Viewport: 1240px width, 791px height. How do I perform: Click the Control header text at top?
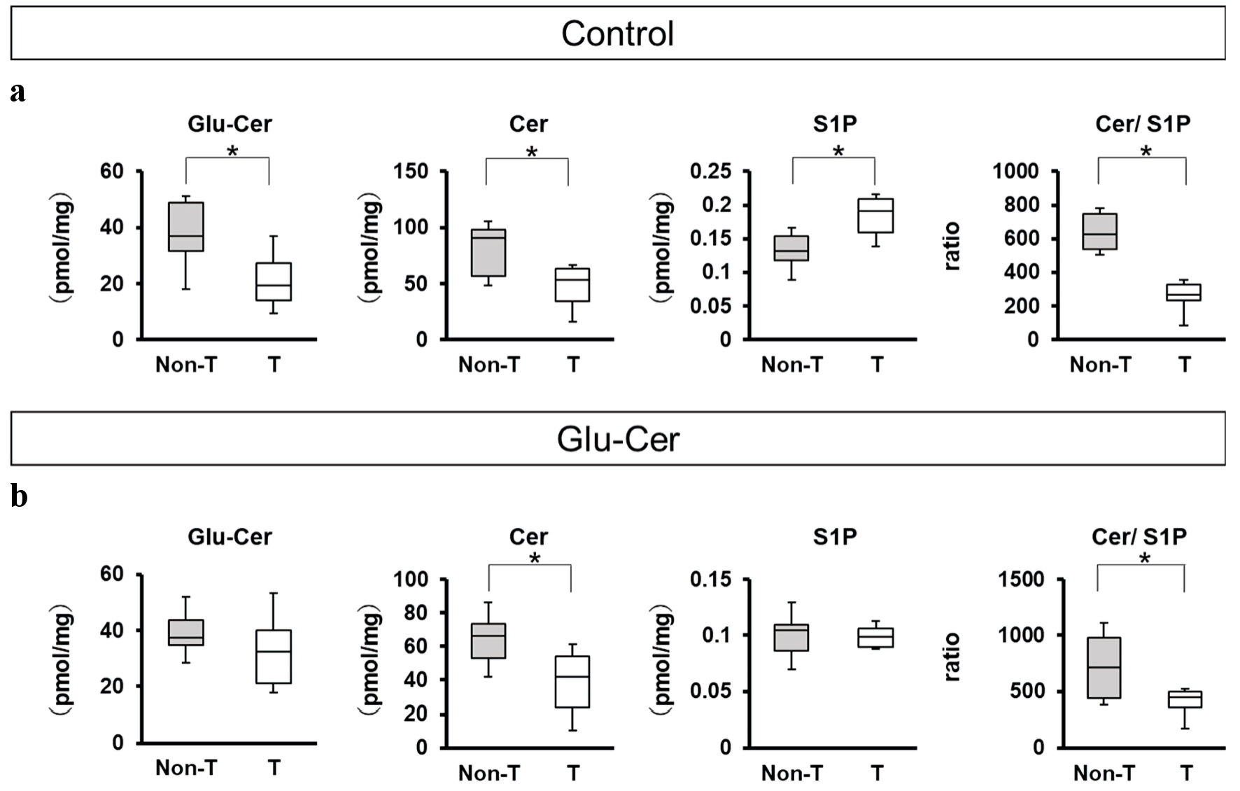pos(617,34)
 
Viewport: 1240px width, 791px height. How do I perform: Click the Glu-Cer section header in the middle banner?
pos(618,440)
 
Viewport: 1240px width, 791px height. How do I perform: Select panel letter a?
pos(18,92)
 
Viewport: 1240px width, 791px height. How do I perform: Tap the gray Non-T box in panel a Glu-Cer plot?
pos(186,227)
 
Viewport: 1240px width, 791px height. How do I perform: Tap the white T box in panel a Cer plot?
pos(572,285)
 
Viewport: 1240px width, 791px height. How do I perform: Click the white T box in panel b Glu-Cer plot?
pos(274,657)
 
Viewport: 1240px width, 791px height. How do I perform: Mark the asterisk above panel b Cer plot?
pos(535,559)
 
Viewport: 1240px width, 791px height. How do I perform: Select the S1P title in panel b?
pos(835,537)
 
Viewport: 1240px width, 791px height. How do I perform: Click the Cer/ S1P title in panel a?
pos(1143,124)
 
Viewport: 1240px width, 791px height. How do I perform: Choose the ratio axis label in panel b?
pos(953,657)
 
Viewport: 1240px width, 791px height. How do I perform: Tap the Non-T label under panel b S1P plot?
pos(791,773)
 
